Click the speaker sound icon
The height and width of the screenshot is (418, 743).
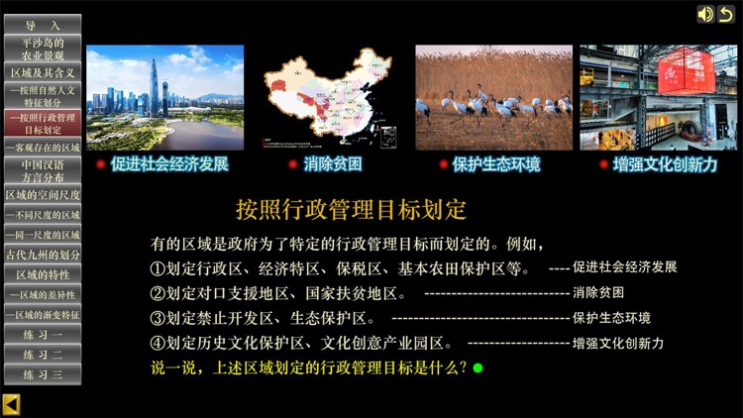705,14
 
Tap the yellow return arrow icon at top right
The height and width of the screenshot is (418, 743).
726,14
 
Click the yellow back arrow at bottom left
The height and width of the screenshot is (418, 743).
11,403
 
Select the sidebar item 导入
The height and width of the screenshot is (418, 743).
43,24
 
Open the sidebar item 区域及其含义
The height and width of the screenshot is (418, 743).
43,73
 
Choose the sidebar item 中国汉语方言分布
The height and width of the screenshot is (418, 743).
43,170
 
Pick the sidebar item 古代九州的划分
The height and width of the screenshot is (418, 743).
43,255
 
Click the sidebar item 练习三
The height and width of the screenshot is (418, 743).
43,374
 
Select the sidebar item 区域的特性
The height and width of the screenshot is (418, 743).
43,274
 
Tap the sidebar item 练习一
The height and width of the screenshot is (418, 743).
43,335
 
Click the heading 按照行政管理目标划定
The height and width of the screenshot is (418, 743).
351,210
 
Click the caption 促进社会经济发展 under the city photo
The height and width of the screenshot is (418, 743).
169,164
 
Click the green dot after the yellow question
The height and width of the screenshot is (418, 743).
478,367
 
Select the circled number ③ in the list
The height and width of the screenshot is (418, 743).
157,319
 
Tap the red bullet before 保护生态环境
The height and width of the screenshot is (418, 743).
443,164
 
